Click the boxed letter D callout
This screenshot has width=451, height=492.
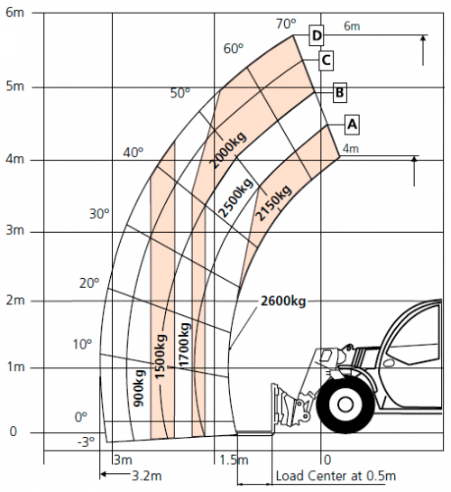pos(317,35)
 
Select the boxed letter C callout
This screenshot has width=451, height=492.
pos(326,60)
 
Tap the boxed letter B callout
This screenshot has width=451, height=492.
pos(340,93)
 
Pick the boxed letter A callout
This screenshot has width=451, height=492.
pos(353,125)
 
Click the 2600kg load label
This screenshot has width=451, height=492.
pos(283,302)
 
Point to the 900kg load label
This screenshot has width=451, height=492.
pos(139,388)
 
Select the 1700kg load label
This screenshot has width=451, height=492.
pos(184,344)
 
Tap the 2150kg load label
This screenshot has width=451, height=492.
pos(273,203)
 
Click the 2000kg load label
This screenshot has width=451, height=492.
pos(228,150)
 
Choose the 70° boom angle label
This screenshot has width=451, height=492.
pos(286,23)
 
